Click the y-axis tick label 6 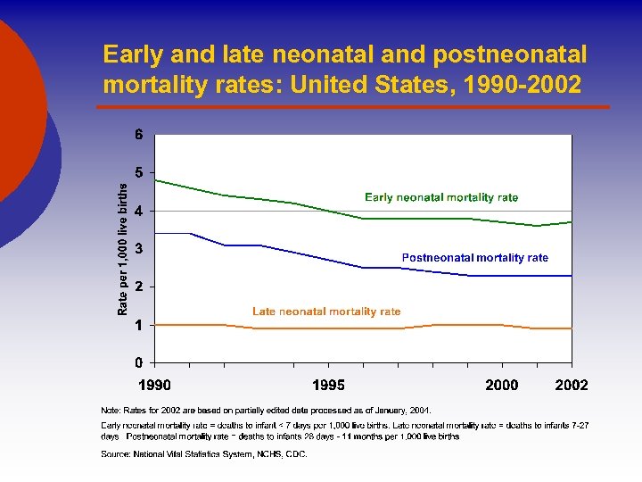(x=139, y=136)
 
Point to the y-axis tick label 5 (x=139, y=173)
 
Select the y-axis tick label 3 (x=139, y=249)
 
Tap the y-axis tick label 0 (x=139, y=363)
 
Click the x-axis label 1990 (x=154, y=385)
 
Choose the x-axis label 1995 (x=328, y=385)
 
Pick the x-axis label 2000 (x=502, y=385)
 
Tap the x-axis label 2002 (x=571, y=385)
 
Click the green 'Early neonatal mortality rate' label (x=441, y=197)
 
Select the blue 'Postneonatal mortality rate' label (x=474, y=258)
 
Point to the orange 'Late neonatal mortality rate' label (x=326, y=312)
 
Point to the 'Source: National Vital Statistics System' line (x=204, y=454)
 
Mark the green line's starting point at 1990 (x=156, y=180)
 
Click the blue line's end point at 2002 (x=571, y=276)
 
